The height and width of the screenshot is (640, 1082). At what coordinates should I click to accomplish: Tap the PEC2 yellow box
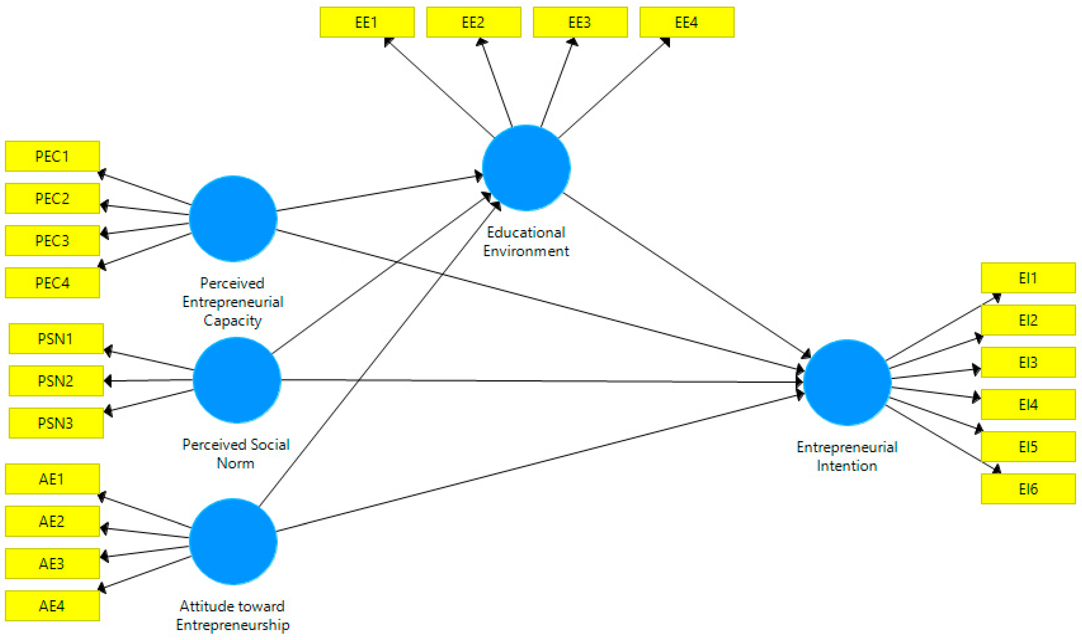(52, 198)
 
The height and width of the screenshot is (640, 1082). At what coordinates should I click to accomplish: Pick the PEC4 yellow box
(52, 283)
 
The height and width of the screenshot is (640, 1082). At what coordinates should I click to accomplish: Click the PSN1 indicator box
(56, 339)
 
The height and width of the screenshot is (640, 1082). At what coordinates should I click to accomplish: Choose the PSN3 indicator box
(56, 423)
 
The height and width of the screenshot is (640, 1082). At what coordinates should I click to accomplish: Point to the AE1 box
(52, 479)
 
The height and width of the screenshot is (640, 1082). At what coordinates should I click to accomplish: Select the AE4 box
(52, 606)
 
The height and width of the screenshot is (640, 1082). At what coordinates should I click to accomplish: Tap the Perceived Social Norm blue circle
(237, 380)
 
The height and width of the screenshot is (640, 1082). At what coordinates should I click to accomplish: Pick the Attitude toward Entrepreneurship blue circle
(233, 542)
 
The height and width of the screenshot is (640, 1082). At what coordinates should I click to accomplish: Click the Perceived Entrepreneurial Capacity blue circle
(233, 219)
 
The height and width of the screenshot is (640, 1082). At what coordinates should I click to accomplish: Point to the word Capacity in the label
(233, 321)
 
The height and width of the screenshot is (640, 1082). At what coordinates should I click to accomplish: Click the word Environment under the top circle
(526, 251)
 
